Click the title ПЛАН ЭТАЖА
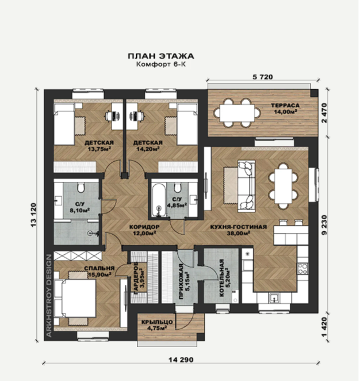161,56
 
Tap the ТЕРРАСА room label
285,105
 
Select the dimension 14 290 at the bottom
181,359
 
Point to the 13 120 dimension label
33,215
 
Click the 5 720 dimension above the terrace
263,77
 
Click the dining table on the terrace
237,113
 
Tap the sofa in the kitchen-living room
246,186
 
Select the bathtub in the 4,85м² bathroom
159,200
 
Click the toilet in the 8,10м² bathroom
81,188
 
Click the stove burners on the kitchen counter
302,269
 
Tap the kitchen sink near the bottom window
274,298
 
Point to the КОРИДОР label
144,227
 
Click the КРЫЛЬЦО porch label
157,322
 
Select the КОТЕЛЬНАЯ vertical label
221,278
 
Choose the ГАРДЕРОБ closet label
136,278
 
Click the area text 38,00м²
239,234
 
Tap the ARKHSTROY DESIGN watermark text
49,296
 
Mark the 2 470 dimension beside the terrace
324,113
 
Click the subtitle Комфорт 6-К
161,64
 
